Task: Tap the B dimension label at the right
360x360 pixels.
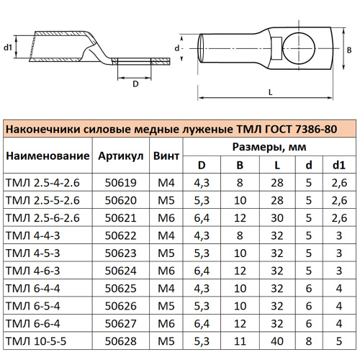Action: [348, 50]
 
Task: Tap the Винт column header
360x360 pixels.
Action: [166, 156]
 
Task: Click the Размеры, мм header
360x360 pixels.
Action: [269, 147]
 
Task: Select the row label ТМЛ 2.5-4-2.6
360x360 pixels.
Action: [42, 184]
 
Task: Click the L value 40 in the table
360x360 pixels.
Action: [276, 340]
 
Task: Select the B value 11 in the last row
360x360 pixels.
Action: [240, 340]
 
